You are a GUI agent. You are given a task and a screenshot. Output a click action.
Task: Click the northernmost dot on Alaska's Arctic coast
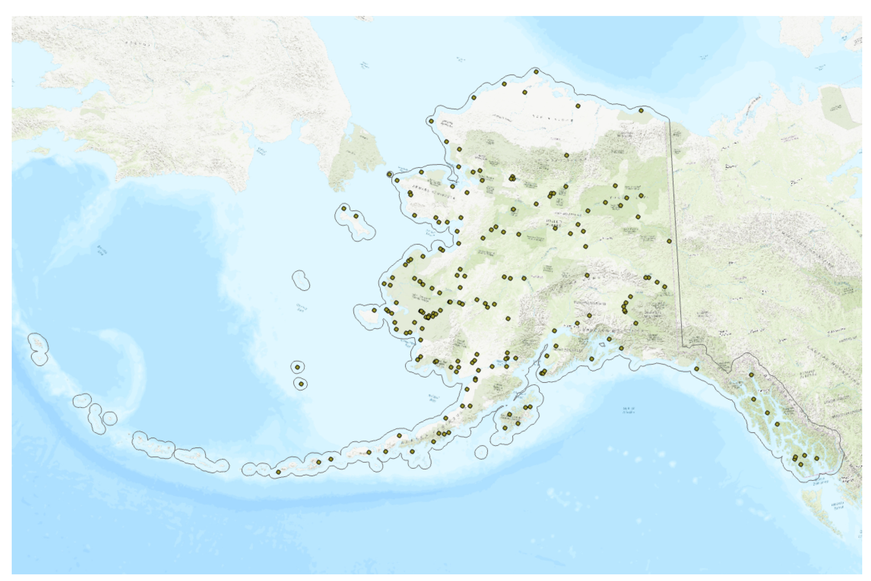click(536, 72)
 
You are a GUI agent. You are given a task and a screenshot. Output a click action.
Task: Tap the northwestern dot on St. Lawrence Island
click(344, 208)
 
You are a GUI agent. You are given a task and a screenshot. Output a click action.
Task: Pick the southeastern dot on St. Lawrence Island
click(356, 216)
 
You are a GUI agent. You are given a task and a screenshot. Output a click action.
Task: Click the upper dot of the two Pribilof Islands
click(298, 367)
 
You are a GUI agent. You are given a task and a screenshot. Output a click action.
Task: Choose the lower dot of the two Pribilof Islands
click(301, 384)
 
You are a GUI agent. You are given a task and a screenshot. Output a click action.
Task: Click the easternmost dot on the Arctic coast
click(641, 111)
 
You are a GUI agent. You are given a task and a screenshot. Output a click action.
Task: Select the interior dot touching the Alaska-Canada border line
click(669, 241)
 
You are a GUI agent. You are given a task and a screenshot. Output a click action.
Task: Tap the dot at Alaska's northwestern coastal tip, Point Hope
click(431, 121)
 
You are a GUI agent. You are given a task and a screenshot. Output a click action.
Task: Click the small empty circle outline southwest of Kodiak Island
click(481, 452)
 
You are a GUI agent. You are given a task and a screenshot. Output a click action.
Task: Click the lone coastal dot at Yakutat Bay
click(697, 369)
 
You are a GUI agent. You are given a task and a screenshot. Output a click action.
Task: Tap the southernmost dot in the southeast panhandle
click(801, 465)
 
